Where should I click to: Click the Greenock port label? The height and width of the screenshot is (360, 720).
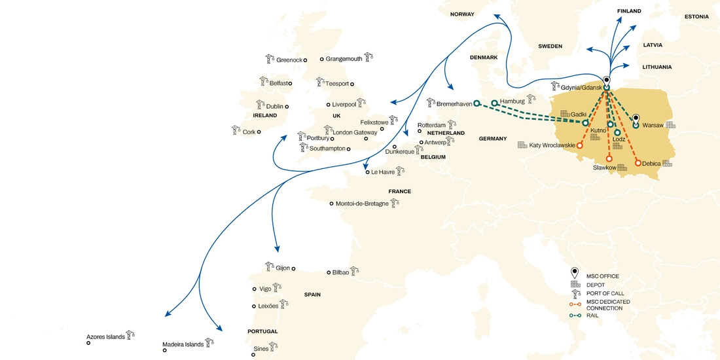[x=289, y=60]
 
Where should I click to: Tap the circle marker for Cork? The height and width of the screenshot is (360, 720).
[x=259, y=132]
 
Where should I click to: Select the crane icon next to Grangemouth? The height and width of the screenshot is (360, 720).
[x=369, y=58]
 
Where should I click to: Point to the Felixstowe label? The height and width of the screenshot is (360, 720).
[x=374, y=122]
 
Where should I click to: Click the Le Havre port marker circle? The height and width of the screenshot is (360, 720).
[x=367, y=172]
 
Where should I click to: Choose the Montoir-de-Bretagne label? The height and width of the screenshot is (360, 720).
[x=362, y=204]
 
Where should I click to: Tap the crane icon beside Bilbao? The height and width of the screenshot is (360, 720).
[x=354, y=271]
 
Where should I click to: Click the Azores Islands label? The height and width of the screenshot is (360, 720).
[x=105, y=337]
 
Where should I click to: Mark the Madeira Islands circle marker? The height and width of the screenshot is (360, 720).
[x=164, y=350]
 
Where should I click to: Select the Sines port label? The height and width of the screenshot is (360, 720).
[x=261, y=349]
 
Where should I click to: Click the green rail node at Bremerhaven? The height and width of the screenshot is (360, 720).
[x=477, y=103]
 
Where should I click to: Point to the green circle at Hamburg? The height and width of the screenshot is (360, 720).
[x=494, y=103]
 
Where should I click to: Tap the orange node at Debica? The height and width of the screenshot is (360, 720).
[x=638, y=162]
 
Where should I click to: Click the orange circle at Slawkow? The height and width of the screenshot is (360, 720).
[x=609, y=158]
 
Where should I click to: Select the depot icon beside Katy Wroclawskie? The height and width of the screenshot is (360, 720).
[x=522, y=145]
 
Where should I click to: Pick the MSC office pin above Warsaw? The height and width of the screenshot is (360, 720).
[x=635, y=118]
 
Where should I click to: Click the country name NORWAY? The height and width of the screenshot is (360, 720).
[x=462, y=14]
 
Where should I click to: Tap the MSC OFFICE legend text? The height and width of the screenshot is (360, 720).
[x=602, y=276]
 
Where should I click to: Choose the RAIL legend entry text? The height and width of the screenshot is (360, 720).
[x=593, y=315]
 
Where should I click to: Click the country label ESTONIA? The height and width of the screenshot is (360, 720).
[x=696, y=16]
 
